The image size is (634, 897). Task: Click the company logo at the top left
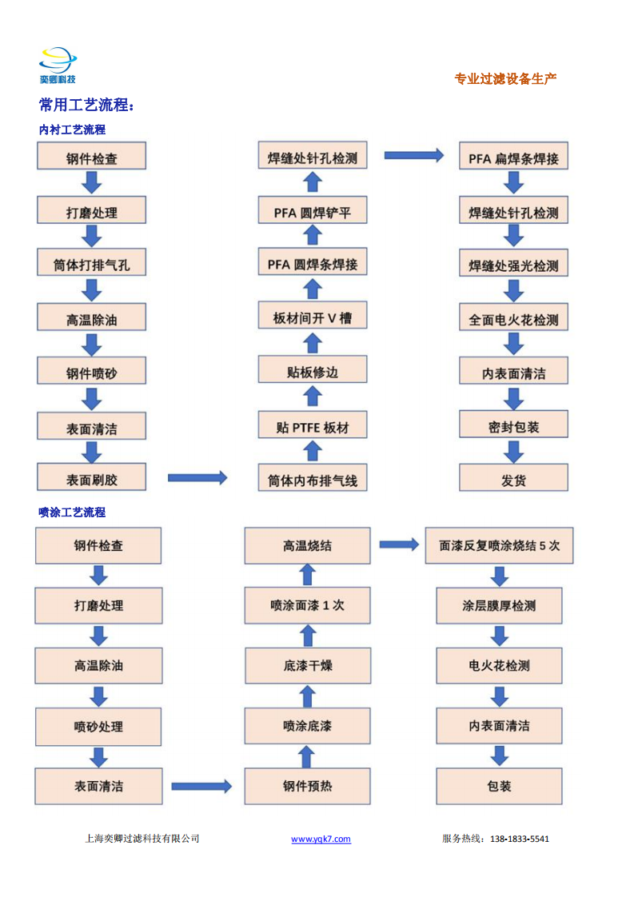click(58, 66)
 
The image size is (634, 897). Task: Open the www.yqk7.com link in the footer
click(321, 839)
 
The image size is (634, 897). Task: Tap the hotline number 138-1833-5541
click(520, 839)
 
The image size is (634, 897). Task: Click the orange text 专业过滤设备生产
click(505, 79)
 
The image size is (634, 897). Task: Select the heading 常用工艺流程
click(86, 105)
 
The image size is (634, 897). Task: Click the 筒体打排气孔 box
click(92, 262)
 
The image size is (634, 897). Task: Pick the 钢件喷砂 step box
click(92, 371)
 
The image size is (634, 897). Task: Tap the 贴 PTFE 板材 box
click(313, 425)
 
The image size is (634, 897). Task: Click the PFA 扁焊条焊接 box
click(514, 156)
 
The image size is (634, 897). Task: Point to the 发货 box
click(514, 477)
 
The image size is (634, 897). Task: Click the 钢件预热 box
click(307, 786)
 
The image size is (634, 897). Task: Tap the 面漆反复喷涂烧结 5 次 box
click(499, 546)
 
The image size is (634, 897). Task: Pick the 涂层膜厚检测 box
click(499, 606)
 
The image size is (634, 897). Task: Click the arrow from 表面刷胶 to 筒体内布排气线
click(197, 477)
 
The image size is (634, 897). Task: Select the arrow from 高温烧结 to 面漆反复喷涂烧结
click(399, 544)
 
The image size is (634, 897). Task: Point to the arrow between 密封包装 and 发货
click(514, 452)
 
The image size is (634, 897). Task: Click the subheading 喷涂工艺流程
click(72, 512)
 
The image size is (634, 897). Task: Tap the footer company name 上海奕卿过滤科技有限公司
click(142, 839)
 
